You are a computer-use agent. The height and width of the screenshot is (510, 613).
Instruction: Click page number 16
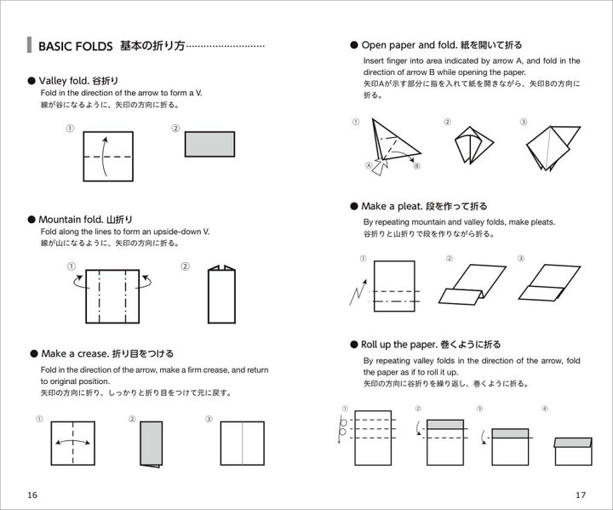(32, 495)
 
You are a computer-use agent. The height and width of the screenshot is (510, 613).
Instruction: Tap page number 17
(581, 495)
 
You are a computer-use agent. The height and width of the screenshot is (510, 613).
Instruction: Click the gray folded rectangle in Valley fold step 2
(209, 144)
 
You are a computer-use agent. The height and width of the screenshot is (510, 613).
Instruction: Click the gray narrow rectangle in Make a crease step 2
(151, 444)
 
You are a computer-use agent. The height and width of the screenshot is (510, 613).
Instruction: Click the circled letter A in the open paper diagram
(370, 166)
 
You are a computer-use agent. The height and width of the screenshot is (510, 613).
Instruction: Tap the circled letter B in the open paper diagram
(416, 165)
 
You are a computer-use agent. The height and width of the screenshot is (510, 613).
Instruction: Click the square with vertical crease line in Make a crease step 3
(243, 442)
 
